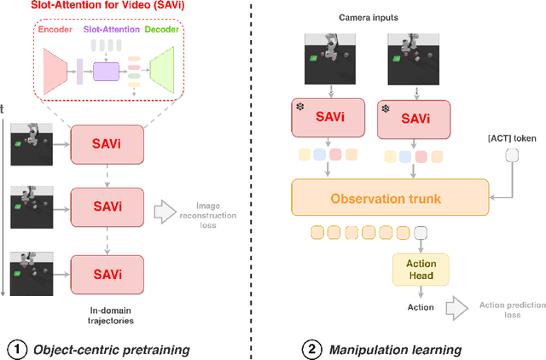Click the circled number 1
coord(17,347)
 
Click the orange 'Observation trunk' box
coord(390,198)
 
